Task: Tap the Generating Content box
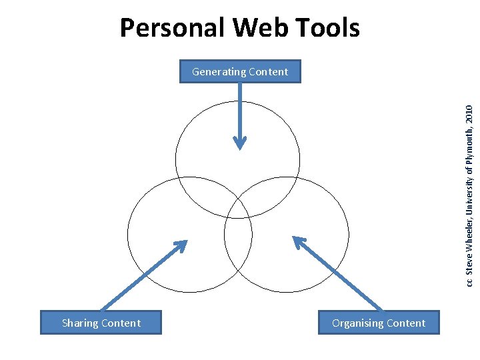240,71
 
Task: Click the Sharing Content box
101,323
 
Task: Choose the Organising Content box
379,323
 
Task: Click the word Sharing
79,323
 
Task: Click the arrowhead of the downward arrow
239,143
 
